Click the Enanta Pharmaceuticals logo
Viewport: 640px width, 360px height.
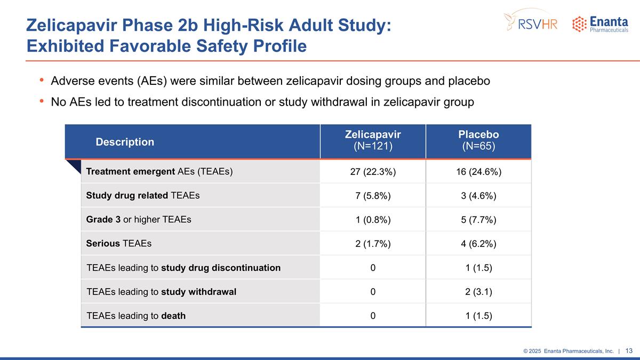tap(599, 25)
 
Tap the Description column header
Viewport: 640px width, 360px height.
tap(125, 142)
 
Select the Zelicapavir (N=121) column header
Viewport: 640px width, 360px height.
tap(373, 141)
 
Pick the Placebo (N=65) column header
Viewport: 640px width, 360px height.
tap(478, 141)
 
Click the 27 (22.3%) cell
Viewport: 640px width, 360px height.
tap(373, 172)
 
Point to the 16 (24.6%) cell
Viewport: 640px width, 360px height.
tap(478, 172)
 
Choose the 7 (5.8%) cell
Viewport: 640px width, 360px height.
tap(373, 196)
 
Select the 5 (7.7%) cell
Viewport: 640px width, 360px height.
tap(478, 220)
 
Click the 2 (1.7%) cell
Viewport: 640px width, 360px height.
tap(373, 244)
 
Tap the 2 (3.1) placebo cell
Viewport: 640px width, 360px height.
tap(478, 292)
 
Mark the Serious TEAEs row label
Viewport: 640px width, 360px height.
tap(118, 244)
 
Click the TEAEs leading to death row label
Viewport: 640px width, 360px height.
tap(136, 316)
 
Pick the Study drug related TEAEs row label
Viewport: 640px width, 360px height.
tap(142, 196)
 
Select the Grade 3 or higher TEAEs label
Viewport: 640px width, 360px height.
tap(138, 220)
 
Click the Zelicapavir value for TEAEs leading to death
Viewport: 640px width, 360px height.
tap(373, 316)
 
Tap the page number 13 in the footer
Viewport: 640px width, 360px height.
tap(629, 350)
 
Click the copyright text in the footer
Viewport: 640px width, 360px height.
tap(568, 351)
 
